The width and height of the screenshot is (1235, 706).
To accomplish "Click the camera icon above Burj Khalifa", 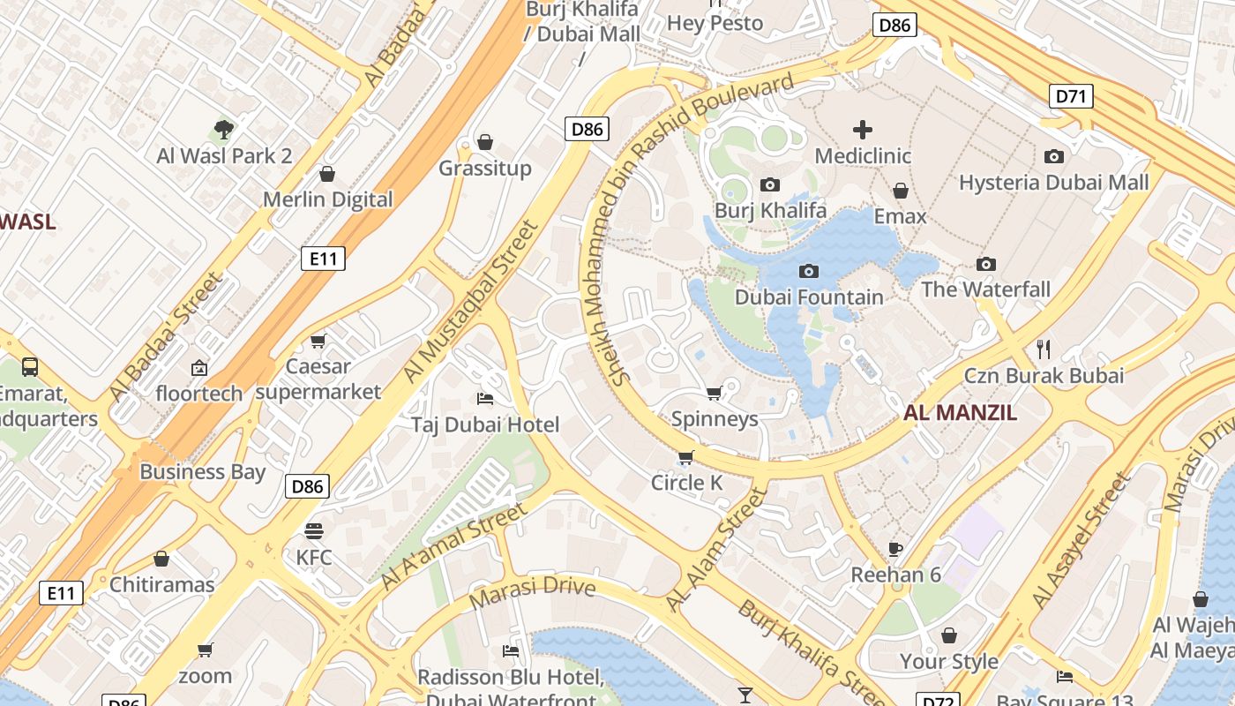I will (x=770, y=184).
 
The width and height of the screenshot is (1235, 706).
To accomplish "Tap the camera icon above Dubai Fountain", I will (x=808, y=271).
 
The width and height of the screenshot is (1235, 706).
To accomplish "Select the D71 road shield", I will (x=1071, y=96).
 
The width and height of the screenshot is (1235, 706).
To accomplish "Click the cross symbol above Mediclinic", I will (x=863, y=130).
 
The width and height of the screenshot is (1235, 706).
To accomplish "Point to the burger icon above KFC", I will (x=314, y=531).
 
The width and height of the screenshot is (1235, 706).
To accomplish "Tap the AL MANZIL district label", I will (x=960, y=412).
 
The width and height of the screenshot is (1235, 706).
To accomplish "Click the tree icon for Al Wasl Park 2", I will (x=224, y=130).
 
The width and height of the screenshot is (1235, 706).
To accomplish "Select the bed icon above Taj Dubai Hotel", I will (x=484, y=399).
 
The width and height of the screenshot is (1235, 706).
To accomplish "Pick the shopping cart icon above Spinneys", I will (x=715, y=393).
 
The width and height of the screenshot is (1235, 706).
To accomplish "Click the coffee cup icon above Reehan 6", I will (x=895, y=549).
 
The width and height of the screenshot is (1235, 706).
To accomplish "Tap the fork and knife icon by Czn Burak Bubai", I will (x=1044, y=349).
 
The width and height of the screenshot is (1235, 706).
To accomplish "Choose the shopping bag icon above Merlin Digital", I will (x=327, y=173).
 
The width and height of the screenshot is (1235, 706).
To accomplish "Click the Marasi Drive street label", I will (x=532, y=592).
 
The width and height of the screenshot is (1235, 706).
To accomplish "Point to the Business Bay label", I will (x=202, y=471).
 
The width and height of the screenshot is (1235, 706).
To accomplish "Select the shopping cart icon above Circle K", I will (x=686, y=457).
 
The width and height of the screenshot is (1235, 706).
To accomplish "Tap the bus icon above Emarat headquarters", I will (x=30, y=366).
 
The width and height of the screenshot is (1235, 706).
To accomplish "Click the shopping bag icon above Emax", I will (x=901, y=191).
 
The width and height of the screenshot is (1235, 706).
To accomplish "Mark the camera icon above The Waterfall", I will (x=986, y=264).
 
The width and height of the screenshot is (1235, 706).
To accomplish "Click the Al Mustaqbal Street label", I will (x=471, y=302).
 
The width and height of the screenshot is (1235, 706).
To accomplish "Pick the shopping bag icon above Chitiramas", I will (x=161, y=559).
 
